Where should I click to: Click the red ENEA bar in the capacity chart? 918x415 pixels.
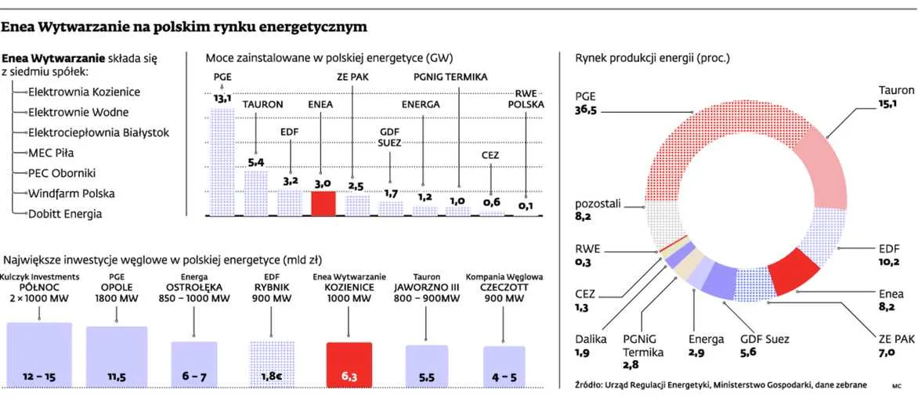(323, 203)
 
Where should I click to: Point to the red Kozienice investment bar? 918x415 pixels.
(349, 365)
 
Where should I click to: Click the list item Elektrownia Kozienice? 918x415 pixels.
(84, 92)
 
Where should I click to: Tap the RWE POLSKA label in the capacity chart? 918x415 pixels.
(526, 98)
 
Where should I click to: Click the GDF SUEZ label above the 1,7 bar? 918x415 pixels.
(389, 136)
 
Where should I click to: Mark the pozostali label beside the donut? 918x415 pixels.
(598, 204)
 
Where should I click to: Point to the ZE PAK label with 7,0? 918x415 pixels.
(897, 340)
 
